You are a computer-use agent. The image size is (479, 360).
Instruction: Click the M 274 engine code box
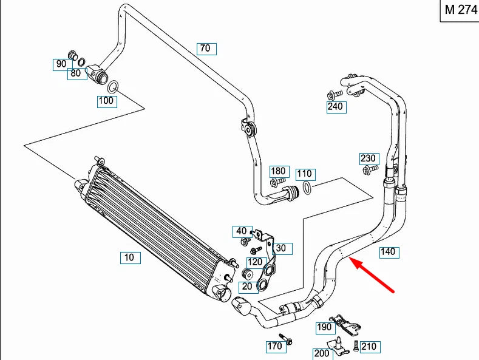(460, 10)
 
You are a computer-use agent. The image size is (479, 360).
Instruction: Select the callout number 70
(205, 48)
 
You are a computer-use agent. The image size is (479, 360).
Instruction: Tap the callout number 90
(61, 64)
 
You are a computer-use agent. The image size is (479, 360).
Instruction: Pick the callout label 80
(75, 73)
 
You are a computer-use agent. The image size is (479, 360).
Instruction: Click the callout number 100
(107, 101)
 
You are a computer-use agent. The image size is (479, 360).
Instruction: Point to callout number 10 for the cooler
(129, 257)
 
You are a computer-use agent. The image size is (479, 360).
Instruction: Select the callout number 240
(335, 107)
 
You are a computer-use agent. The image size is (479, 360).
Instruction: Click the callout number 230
(369, 158)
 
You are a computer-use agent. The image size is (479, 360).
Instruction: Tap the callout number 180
(278, 171)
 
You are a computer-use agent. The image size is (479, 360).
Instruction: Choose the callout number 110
(304, 174)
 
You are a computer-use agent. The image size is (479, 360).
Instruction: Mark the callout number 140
(388, 251)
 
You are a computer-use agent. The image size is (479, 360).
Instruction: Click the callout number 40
(242, 231)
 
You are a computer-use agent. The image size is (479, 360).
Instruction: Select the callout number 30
(280, 248)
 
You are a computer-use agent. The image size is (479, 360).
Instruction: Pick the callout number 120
(255, 262)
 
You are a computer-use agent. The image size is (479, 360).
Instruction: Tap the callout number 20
(247, 287)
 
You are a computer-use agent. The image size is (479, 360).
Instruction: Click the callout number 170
(275, 346)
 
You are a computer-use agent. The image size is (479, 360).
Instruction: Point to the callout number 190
(325, 327)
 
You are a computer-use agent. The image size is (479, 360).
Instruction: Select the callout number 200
(321, 353)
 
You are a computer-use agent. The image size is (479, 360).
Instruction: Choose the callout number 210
(369, 347)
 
